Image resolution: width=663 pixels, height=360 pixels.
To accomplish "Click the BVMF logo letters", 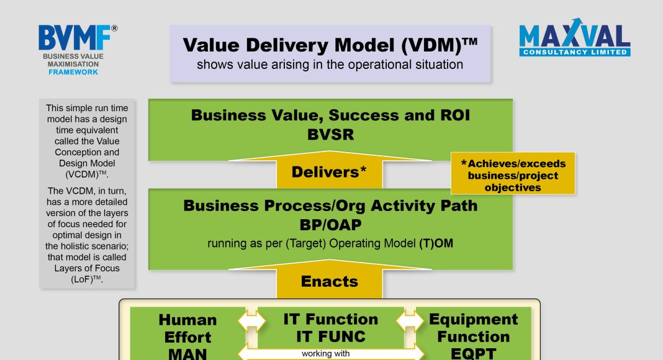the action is tap(74, 38).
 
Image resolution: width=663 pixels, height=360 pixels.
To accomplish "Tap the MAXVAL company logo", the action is tap(575, 37).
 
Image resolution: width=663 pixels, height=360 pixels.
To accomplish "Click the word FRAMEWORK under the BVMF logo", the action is tap(73, 72).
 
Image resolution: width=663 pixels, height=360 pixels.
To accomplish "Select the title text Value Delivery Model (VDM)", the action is tap(330, 45).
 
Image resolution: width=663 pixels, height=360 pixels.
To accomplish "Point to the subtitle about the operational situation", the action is tap(330, 65).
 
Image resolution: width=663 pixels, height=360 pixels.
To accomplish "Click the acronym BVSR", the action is tap(330, 135).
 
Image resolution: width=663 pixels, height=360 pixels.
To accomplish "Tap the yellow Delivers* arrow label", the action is tap(329, 172).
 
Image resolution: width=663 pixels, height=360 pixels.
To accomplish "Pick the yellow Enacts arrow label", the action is tap(330, 281).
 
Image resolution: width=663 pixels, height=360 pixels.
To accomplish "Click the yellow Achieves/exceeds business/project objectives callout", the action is tap(513, 174).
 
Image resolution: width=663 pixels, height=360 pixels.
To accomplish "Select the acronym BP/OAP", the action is tap(330, 225).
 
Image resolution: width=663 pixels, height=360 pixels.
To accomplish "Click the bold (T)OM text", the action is tap(436, 243).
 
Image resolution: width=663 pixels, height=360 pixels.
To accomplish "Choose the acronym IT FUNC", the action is tap(331, 337).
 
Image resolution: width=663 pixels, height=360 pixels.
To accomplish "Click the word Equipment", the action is tap(473, 320).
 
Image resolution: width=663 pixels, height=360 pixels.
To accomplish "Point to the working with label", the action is tap(325, 354).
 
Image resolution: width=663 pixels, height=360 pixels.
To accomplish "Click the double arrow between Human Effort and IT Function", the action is tap(251, 322).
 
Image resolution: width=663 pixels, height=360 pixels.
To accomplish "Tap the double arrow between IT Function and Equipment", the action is tap(410, 321).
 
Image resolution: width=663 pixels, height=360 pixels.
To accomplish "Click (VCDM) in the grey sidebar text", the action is tap(87, 174).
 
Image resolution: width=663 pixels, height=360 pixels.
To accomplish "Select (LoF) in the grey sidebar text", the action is tap(87, 279).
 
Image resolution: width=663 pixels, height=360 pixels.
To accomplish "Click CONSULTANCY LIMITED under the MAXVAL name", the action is tap(575, 52).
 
